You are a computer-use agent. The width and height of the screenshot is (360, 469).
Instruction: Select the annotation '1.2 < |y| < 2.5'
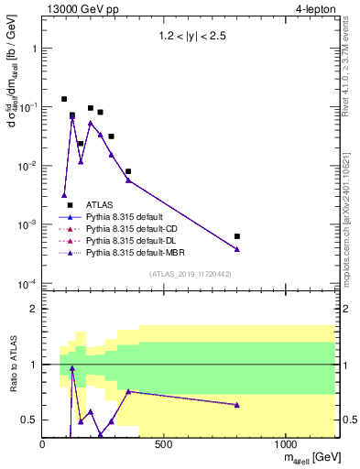(x=189, y=39)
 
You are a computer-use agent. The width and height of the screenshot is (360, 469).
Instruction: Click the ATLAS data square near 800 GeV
(x=237, y=236)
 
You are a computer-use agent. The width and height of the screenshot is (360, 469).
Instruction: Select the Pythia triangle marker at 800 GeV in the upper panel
(x=237, y=249)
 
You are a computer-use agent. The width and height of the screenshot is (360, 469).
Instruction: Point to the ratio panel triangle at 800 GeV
(x=237, y=405)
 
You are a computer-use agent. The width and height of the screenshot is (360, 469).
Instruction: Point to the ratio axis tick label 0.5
(x=29, y=420)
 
